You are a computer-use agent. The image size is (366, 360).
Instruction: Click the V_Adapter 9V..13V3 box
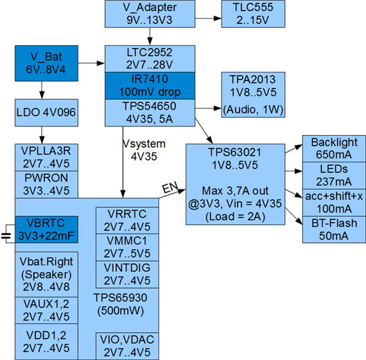pos(150,14)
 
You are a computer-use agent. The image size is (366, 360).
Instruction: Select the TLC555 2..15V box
pos(254,14)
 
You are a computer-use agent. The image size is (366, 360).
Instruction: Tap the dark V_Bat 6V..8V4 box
pos(47,63)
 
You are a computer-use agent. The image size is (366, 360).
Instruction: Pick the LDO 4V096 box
pos(47,112)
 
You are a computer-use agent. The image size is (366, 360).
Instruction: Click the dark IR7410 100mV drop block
pos(150,86)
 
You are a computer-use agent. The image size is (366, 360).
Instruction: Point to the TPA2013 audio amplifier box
pos(254,94)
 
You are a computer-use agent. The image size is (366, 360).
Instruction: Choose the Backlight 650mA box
pos(334,148)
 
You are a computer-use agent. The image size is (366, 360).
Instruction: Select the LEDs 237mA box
pos(334,176)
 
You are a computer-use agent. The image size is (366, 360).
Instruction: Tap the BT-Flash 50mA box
pos(334,230)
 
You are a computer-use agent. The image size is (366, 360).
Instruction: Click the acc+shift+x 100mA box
pos(334,203)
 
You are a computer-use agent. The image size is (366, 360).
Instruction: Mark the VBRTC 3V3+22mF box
pos(47,230)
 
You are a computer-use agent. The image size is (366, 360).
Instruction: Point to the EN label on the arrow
pos(170,188)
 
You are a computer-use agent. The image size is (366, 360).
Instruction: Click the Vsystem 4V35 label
pos(144,150)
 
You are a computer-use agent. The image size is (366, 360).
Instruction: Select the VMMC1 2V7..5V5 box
pos(128,248)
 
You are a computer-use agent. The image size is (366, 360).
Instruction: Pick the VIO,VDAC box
pos(128,346)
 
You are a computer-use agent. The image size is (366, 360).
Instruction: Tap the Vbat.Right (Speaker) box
pos(47,274)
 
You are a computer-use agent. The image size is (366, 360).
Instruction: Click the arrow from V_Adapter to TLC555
pos(208,18)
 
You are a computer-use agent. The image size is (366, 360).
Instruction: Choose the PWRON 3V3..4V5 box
pos(47,184)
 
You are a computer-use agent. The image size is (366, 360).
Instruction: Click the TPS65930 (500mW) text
pos(120,304)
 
